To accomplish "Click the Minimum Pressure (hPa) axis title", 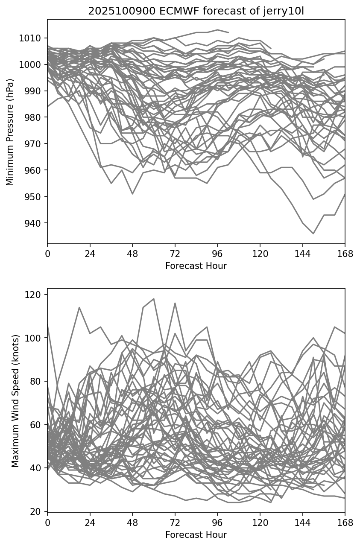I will tap(10, 132).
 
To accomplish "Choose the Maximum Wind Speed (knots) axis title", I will tap(15, 400).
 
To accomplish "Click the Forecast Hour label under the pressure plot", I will tap(196, 266).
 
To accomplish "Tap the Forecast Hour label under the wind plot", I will tap(196, 534).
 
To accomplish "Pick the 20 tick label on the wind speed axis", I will tap(38, 511).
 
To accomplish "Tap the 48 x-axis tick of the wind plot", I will tap(132, 523).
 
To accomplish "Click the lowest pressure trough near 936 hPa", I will tap(313, 234).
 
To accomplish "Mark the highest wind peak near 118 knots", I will tap(154, 299).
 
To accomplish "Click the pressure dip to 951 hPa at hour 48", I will tap(132, 194).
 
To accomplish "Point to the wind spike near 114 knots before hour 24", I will tap(79, 307).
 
